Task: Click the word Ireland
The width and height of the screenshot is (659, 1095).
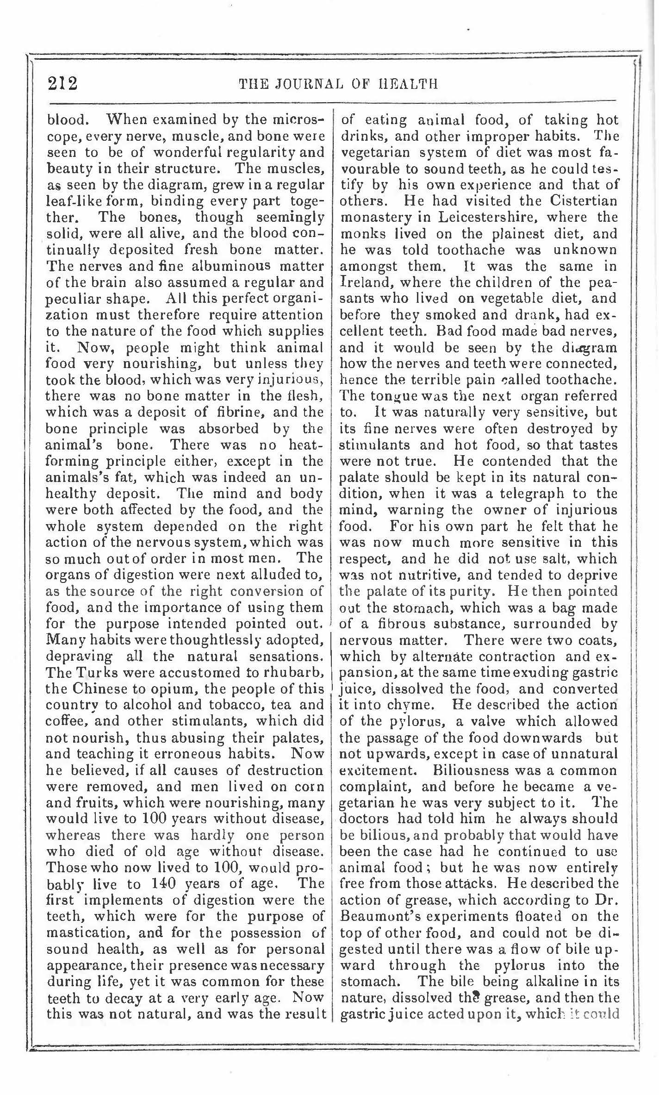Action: pyautogui.click(x=365, y=282)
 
